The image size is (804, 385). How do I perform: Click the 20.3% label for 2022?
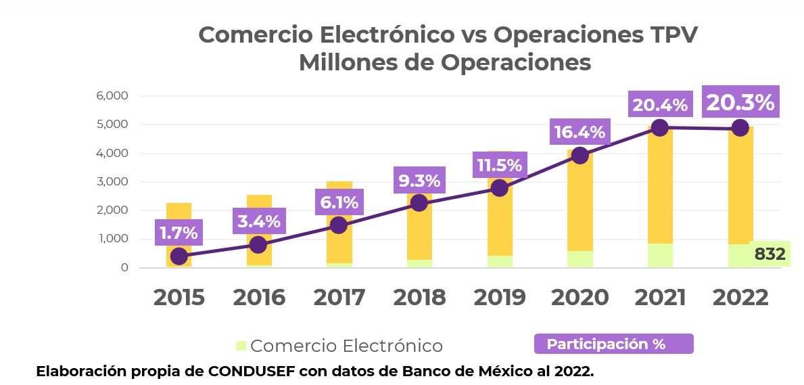(x=740, y=102)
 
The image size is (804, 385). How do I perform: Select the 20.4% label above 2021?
(x=659, y=105)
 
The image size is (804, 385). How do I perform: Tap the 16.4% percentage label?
(x=580, y=132)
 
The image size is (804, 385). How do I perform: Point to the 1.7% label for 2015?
(x=179, y=233)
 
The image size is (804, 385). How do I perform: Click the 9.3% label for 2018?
(x=419, y=181)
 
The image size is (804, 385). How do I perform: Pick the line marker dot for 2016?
(x=258, y=244)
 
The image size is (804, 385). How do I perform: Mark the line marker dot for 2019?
(x=500, y=187)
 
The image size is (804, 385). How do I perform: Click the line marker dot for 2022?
(x=740, y=128)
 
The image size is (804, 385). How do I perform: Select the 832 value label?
(x=770, y=254)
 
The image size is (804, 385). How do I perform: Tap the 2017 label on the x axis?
(x=339, y=297)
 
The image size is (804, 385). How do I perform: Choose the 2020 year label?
(x=580, y=297)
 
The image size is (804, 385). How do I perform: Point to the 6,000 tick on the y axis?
(x=112, y=95)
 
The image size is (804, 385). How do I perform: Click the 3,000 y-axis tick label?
(x=112, y=181)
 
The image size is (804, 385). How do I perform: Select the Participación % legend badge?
(x=613, y=344)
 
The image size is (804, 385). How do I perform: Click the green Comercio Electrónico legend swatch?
(x=241, y=346)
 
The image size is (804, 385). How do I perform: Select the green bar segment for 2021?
(x=660, y=255)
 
